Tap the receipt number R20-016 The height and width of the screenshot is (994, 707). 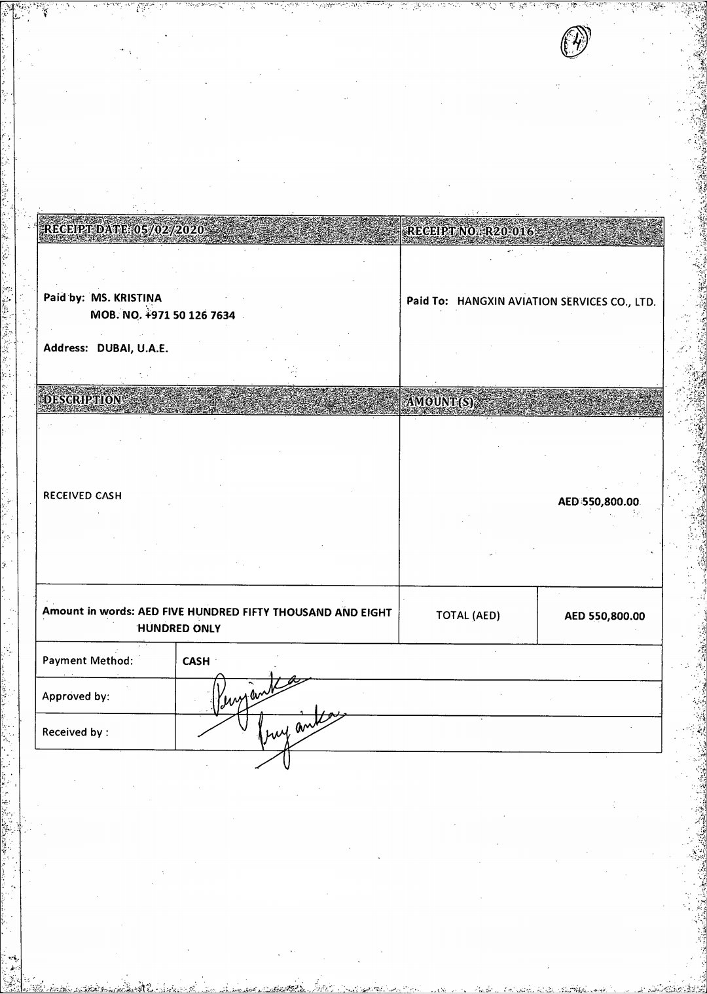(509, 232)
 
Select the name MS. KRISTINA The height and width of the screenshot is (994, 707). (126, 298)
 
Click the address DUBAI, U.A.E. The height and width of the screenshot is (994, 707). (132, 348)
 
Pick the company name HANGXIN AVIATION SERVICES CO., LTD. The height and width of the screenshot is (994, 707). (556, 302)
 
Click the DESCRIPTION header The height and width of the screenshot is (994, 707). (82, 399)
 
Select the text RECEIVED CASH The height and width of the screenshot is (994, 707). (82, 495)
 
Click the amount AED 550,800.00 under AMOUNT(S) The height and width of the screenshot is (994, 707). (598, 502)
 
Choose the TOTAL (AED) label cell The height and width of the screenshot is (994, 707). (467, 615)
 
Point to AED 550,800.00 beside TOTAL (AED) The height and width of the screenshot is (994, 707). (604, 616)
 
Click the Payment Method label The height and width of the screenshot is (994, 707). (87, 660)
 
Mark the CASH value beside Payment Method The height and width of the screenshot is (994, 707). (196, 661)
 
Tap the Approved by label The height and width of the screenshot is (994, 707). (75, 696)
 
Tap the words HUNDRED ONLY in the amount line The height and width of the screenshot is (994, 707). (179, 628)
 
